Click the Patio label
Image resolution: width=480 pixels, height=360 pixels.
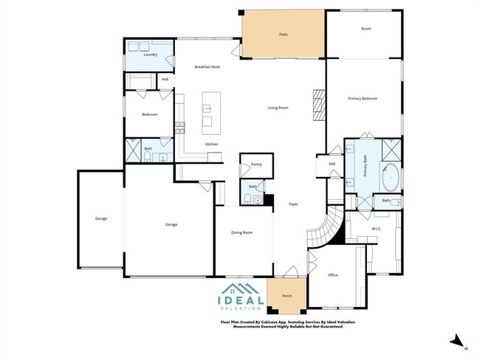coord(283,34)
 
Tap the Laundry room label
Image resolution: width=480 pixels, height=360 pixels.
coord(150,55)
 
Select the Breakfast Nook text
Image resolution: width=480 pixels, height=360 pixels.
coord(207,66)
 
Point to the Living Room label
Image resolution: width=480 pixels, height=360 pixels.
coord(278,108)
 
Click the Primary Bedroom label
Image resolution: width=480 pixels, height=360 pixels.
coord(363,98)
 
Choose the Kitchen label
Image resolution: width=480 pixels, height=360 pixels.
coord(211,144)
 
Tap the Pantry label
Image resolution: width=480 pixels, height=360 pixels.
coord(256,165)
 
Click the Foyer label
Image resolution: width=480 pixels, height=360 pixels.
coord(293,204)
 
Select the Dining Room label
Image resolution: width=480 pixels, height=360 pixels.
coord(241,232)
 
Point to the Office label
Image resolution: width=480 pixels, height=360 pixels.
coord(332,275)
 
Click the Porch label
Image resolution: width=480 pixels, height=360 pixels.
coord(287,296)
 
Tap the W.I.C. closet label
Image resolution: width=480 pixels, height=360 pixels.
coord(375,229)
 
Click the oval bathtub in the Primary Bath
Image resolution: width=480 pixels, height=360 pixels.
coord(391,178)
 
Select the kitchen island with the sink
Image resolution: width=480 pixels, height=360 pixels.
coord(208,114)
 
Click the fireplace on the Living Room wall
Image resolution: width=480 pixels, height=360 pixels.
coord(318,105)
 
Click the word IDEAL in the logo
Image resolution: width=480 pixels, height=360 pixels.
coord(241,300)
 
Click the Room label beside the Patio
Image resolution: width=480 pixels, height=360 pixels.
coord(366,29)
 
